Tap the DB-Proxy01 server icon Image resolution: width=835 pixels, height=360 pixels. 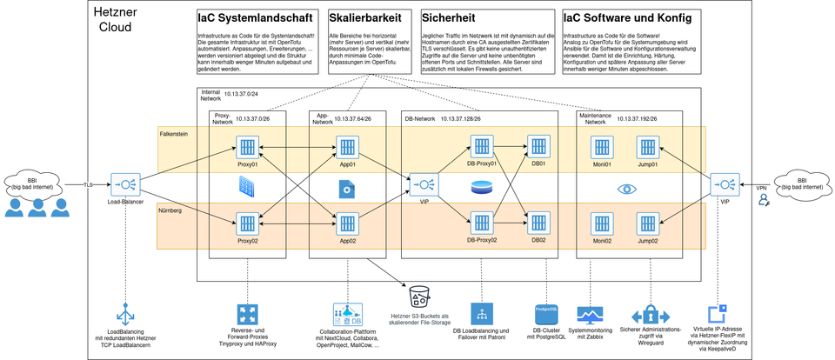pos(482,146)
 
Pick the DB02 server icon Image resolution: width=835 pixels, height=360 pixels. pos(538,223)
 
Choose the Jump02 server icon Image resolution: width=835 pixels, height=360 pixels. pos(647,223)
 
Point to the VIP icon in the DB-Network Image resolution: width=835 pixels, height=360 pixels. pos(425,184)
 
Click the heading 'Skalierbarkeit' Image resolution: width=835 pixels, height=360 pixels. pos(360,17)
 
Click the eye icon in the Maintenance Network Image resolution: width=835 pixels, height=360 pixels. pos(625,188)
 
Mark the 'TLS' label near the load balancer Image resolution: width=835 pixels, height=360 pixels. pos(88,185)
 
